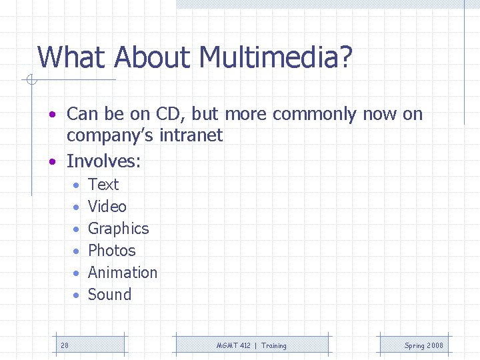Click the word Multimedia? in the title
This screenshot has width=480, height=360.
point(275,57)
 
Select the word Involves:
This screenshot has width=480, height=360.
point(105,161)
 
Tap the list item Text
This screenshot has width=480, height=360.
point(103,185)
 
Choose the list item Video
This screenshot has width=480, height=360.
point(107,207)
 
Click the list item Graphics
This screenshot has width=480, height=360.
point(118,229)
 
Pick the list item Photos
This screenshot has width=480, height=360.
point(111,251)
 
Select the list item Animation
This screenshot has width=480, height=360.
point(123,273)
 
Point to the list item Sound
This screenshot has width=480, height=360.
point(109,295)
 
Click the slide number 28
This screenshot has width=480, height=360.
point(65,345)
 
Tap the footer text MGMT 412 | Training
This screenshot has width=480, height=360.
point(251,345)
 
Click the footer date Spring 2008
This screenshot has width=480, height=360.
point(423,345)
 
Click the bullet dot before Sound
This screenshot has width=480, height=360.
point(77,295)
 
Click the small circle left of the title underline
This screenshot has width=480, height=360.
point(30,81)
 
